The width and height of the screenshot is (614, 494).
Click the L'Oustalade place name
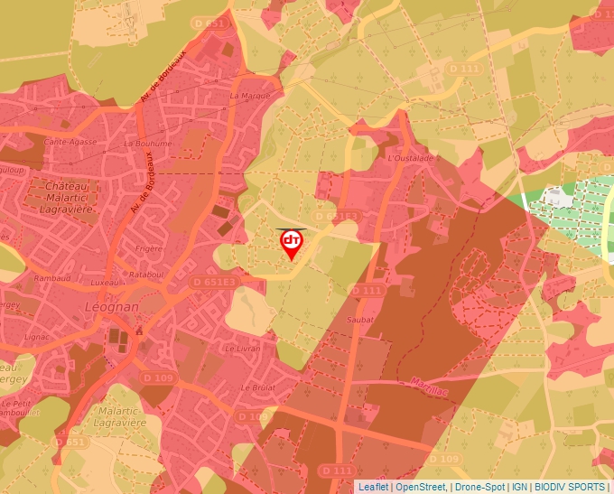point(410,158)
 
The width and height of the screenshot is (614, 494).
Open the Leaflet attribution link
point(373,487)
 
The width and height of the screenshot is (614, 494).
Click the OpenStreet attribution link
point(421,487)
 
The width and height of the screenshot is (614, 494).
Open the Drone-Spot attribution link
point(479,487)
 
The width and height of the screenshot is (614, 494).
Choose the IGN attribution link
point(519,487)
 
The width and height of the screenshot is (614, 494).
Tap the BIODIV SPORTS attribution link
point(570,487)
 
